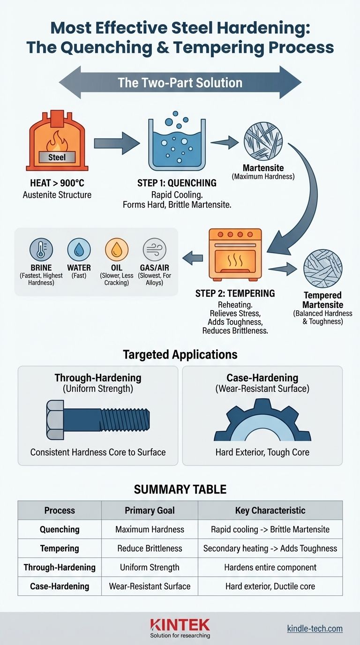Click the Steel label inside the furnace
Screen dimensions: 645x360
pos(57,157)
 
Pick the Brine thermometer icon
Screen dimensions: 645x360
pos(41,249)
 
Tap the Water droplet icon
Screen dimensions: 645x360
pos(79,249)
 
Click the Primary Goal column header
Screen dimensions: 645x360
pos(150,510)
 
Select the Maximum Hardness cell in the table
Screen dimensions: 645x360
pos(150,529)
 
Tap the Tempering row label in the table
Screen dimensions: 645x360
pos(60,548)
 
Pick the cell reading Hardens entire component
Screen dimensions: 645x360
pos(270,567)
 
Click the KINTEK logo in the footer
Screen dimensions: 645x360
pos(180,624)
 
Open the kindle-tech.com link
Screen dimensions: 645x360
pos(315,629)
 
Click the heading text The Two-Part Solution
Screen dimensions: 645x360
pos(180,83)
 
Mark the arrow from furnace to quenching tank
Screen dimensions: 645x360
pos(116,140)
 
